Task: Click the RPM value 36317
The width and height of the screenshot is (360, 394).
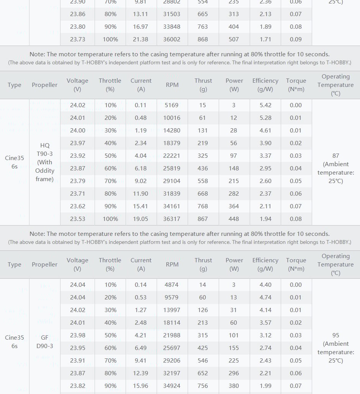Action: pyautogui.click(x=172, y=219)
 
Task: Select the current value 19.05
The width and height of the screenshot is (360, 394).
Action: pyautogui.click(x=141, y=219)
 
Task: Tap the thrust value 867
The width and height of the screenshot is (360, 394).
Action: pyautogui.click(x=203, y=219)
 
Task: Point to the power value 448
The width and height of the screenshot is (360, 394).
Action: pyautogui.click(x=234, y=219)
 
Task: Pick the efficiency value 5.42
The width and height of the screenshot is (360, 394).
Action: pyautogui.click(x=265, y=105)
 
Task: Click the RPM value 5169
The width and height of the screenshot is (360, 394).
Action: pyautogui.click(x=172, y=105)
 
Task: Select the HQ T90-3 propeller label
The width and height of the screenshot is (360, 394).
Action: pyautogui.click(x=45, y=162)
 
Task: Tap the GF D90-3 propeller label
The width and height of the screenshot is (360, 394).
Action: pyautogui.click(x=45, y=342)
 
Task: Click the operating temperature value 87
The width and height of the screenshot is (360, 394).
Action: pyautogui.click(x=335, y=156)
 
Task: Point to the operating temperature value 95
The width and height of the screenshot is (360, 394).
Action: pyautogui.click(x=335, y=335)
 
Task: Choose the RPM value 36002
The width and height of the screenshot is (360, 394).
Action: pyautogui.click(x=172, y=39)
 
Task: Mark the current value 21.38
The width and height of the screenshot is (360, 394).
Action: pyautogui.click(x=141, y=39)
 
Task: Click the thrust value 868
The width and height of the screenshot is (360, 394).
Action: pyautogui.click(x=203, y=39)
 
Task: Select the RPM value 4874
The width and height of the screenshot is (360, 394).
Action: pyautogui.click(x=172, y=285)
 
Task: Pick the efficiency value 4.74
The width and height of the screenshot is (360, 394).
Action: pyautogui.click(x=265, y=298)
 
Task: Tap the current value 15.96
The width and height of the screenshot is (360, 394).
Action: pyautogui.click(x=141, y=386)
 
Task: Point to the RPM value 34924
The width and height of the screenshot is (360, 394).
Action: pyautogui.click(x=172, y=386)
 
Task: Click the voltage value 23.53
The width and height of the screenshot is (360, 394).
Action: pyautogui.click(x=78, y=219)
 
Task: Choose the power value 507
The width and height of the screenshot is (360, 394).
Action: pyautogui.click(x=234, y=39)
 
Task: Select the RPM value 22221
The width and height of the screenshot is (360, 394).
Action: pyautogui.click(x=172, y=156)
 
